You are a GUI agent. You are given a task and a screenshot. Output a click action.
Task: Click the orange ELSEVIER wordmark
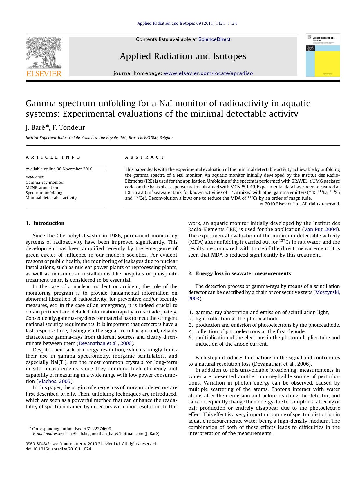[x=44, y=73]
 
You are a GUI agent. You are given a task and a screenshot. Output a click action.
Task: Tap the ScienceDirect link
[x=214, y=39]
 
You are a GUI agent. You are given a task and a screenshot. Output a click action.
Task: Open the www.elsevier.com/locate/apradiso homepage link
[x=208, y=73]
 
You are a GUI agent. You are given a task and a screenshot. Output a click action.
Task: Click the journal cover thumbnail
[x=323, y=55]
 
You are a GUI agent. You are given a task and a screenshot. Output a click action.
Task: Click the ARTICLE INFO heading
[x=53, y=157]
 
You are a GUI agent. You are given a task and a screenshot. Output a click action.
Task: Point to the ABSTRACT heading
[x=144, y=157]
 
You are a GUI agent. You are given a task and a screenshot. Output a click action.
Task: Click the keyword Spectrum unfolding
[x=44, y=193]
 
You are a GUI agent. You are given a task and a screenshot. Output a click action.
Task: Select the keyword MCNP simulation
[x=42, y=187]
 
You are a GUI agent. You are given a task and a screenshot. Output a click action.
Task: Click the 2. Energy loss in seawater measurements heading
[x=239, y=273]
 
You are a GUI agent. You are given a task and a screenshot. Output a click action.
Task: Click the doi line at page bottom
[x=58, y=449]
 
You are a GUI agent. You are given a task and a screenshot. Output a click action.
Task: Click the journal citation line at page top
[x=187, y=23]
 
